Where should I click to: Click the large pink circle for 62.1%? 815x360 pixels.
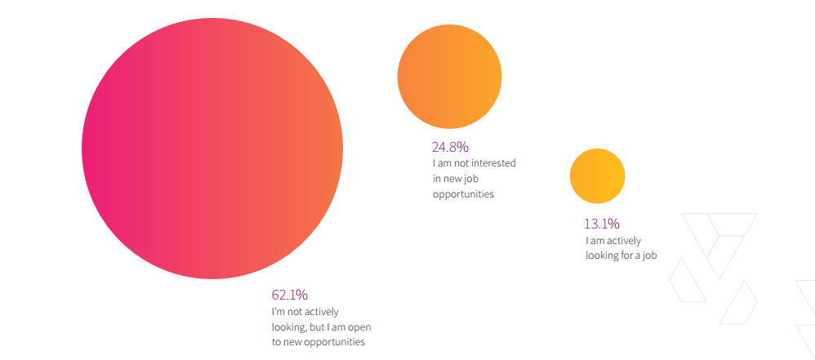point(212,149)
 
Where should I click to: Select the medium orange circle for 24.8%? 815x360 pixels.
point(449,76)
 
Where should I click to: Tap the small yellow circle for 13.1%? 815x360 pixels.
point(597,176)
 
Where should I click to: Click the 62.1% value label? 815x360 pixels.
point(289,295)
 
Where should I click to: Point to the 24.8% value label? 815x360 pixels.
point(450,148)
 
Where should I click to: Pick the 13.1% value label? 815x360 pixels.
point(602,224)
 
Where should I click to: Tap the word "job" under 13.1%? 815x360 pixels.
point(648,256)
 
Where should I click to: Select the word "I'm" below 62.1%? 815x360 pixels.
point(278,311)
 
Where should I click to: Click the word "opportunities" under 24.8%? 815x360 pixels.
point(463,194)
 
